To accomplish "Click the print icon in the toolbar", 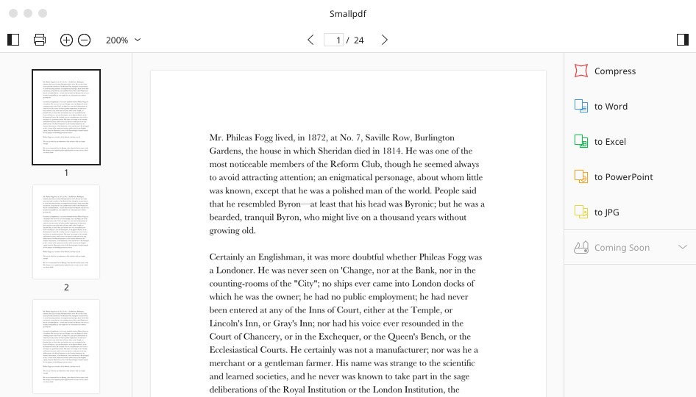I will tap(40, 40).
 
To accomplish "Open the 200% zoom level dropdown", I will tap(123, 40).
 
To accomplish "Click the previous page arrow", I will tap(310, 40).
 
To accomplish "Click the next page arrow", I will tap(384, 40).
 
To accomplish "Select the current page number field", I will tap(335, 40).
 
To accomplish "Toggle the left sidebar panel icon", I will tap(13, 40).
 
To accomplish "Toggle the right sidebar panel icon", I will tap(682, 40).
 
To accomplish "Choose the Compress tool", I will tap(614, 71).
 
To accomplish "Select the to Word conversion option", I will tap(611, 107).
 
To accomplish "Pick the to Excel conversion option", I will tap(610, 142).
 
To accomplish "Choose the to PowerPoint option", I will tap(623, 177).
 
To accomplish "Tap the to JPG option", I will tap(606, 212).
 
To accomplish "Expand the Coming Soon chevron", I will tap(682, 248).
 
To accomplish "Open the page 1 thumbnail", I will tap(66, 117).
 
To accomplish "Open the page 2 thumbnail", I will tap(66, 232).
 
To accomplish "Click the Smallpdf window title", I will tap(348, 14).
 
